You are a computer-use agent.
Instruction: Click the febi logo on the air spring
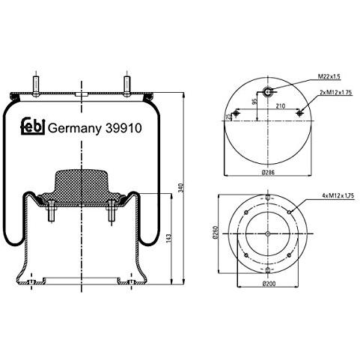pos(33,126)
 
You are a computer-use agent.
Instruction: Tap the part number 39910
pos(123,128)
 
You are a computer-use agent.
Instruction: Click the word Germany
pos(75,129)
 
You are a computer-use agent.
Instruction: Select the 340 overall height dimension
pos(181,188)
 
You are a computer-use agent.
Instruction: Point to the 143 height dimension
pos(169,239)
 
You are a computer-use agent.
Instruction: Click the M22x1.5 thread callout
pos(329,76)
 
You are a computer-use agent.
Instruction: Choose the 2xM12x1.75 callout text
pos(336,93)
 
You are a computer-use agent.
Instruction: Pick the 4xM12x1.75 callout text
pos(338,196)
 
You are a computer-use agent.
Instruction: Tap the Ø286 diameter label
pos(269,172)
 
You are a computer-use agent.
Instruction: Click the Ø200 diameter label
pos(269,284)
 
